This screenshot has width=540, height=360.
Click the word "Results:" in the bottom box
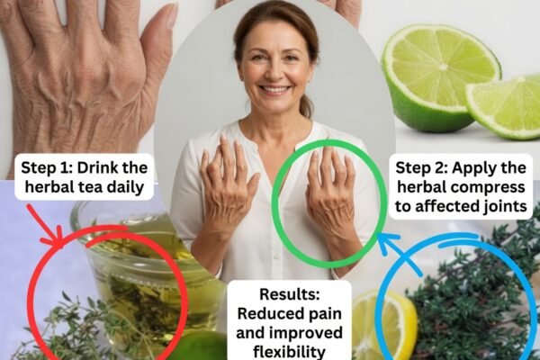point(290,294)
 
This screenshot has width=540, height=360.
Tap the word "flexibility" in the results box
point(289,352)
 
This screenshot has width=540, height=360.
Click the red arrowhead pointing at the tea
point(57,238)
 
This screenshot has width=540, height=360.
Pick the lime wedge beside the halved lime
point(506,107)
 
